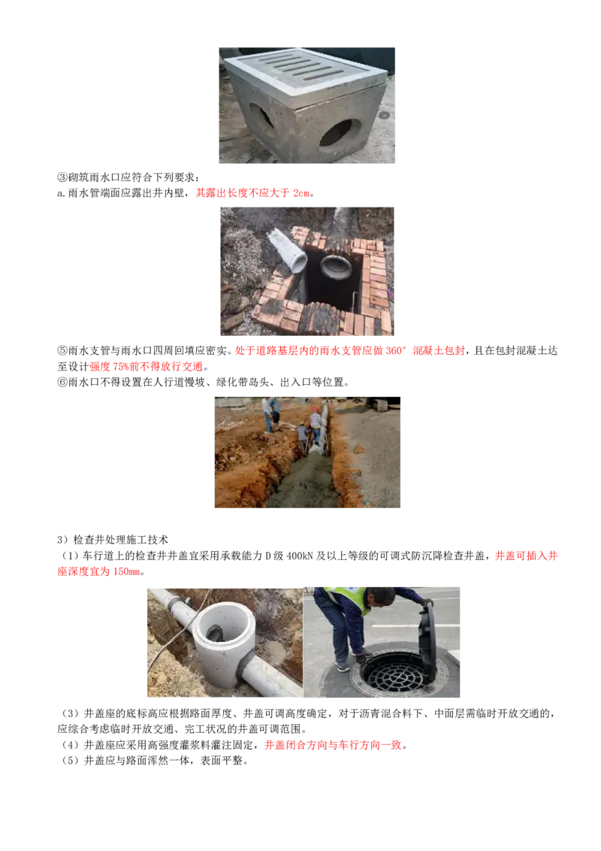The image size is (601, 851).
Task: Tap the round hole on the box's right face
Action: click(339, 135)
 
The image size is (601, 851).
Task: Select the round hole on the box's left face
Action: click(261, 118)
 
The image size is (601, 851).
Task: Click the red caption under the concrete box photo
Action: click(252, 193)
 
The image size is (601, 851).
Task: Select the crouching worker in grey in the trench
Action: click(301, 437)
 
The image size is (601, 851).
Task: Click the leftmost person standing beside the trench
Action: click(267, 413)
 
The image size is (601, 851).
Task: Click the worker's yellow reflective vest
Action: click(346, 597)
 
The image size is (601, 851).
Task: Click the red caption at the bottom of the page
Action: click(332, 746)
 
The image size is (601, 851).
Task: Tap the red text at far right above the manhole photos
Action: click(526, 557)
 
